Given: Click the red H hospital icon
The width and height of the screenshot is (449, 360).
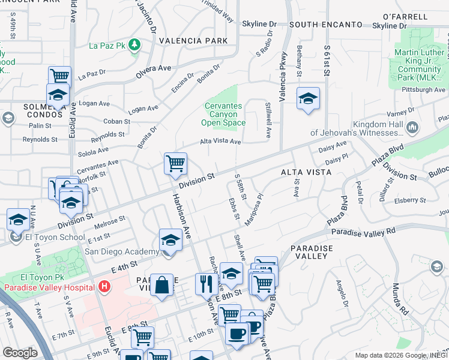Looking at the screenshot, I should point(104,287).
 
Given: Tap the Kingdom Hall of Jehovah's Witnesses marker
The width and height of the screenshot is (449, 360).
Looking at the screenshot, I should point(412,127).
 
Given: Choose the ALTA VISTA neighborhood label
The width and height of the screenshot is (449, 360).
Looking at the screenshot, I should point(306,172).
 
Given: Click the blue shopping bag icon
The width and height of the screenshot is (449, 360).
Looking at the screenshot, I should point(162,285).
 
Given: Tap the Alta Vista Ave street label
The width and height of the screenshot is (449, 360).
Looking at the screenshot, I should point(220,142).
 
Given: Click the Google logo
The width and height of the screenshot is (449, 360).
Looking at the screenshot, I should point(20,352).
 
